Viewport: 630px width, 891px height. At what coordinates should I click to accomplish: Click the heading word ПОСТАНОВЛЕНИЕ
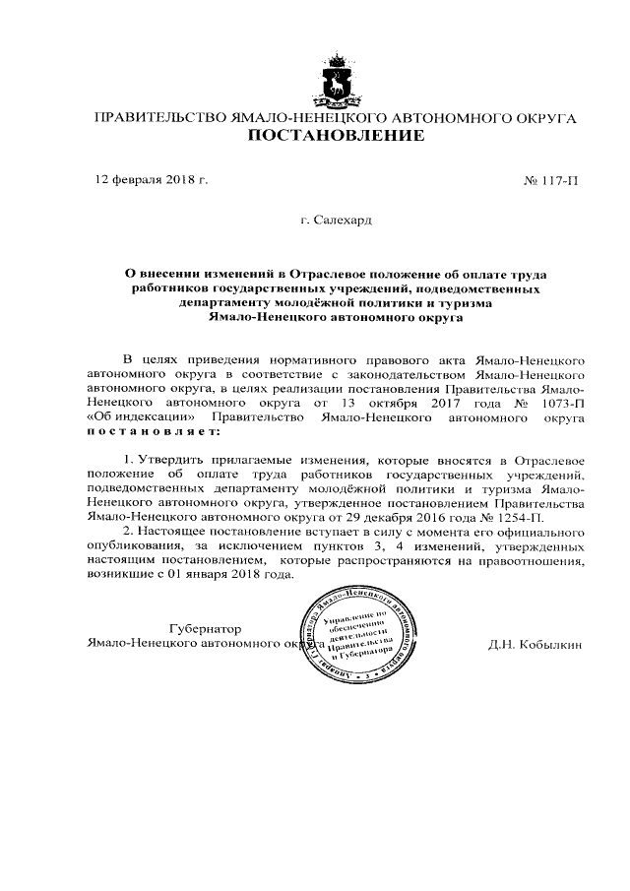coord(335,136)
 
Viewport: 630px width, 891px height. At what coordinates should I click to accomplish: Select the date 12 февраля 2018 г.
coord(151,181)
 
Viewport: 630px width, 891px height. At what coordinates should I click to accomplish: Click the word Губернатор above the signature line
coord(205,627)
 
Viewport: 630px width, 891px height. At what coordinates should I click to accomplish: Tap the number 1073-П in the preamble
coord(564,403)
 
